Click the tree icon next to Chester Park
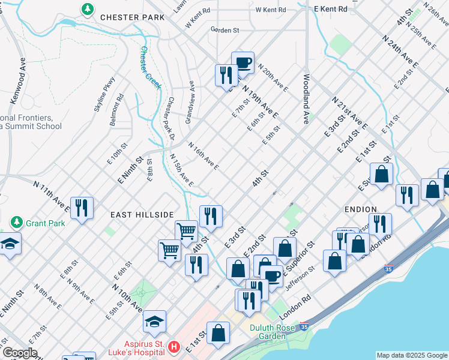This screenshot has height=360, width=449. click(x=88, y=9)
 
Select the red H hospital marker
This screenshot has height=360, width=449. click(x=173, y=347)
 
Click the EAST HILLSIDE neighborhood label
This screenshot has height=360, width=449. click(x=142, y=214)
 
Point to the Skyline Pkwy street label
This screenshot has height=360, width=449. click(x=104, y=95)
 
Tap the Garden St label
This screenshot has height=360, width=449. click(x=225, y=29)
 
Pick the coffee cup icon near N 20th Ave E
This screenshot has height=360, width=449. click(x=243, y=62)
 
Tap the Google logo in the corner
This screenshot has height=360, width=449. click(x=19, y=353)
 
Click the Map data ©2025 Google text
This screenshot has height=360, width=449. click(x=412, y=355)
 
